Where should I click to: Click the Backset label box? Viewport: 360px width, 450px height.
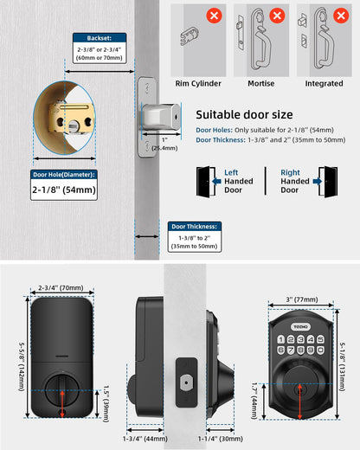[99, 39]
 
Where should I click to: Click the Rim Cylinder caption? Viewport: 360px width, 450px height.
[198, 84]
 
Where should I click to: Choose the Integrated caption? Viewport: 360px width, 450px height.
[324, 84]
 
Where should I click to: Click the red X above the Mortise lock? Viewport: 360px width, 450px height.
[277, 16]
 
